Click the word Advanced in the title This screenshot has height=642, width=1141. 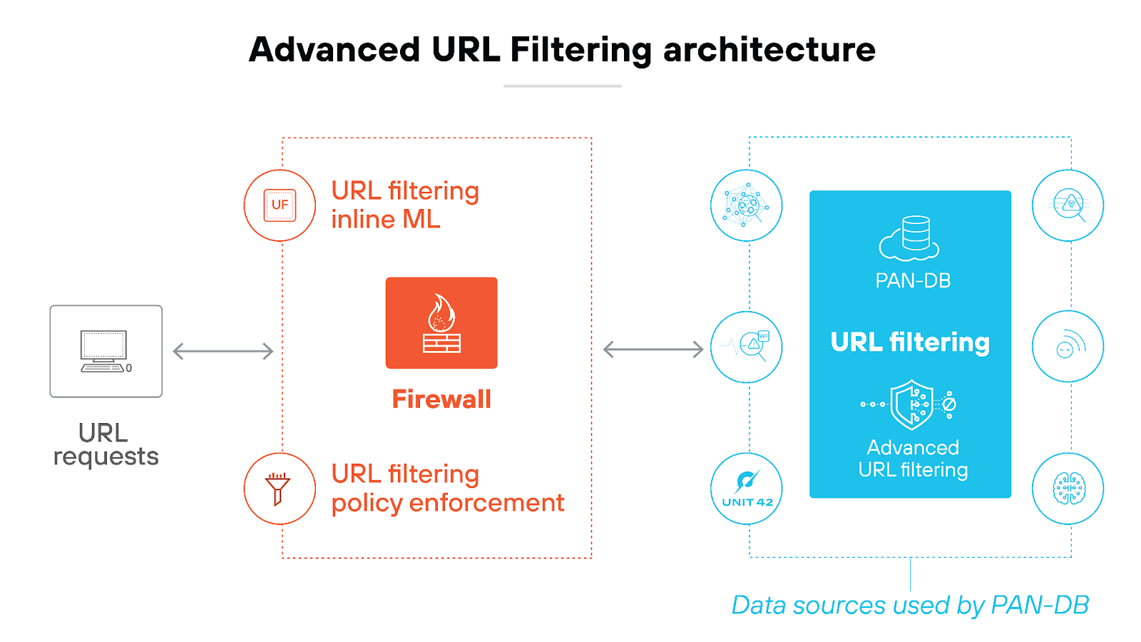(x=334, y=50)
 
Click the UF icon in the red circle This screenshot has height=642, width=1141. (x=280, y=205)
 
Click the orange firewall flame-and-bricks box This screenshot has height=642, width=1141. (x=441, y=323)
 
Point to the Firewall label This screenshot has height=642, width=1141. (x=441, y=399)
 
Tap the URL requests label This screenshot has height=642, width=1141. (x=106, y=444)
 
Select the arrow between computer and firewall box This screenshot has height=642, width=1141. (x=223, y=351)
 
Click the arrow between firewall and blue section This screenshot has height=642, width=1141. (x=653, y=350)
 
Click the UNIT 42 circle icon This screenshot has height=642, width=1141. (x=747, y=489)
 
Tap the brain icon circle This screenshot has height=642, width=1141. (x=1068, y=489)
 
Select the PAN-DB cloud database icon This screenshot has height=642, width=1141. (x=910, y=238)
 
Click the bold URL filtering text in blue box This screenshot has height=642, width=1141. (x=910, y=342)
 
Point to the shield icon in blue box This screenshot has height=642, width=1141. (x=911, y=404)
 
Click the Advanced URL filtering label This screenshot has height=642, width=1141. (x=913, y=459)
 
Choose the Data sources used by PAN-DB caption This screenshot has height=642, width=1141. (x=910, y=605)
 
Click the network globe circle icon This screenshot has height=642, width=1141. (x=747, y=205)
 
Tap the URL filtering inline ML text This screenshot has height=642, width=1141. (x=404, y=205)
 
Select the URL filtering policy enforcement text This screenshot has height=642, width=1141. (x=447, y=489)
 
